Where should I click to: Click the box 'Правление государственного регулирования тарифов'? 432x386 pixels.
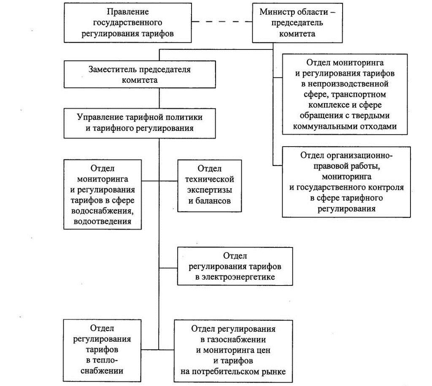click(127, 23)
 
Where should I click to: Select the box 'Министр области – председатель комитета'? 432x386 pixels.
click(297, 23)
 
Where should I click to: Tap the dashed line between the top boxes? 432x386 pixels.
click(222, 22)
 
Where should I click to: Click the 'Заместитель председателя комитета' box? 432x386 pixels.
click(140, 74)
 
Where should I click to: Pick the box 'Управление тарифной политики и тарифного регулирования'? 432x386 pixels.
click(140, 123)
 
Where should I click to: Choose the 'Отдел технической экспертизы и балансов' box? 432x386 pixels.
click(209, 185)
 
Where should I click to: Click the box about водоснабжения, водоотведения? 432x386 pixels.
click(103, 194)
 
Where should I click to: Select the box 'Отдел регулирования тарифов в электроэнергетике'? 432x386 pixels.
click(235, 266)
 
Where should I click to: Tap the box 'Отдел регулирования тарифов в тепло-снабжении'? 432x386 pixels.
click(102, 351)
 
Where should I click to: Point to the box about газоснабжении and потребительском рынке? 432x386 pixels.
click(233, 351)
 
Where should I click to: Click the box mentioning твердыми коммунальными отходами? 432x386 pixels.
click(345, 94)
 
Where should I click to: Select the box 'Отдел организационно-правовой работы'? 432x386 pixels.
click(346, 182)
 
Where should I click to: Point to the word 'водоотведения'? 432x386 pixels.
click(103, 221)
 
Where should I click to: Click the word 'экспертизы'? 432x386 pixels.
click(210, 190)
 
